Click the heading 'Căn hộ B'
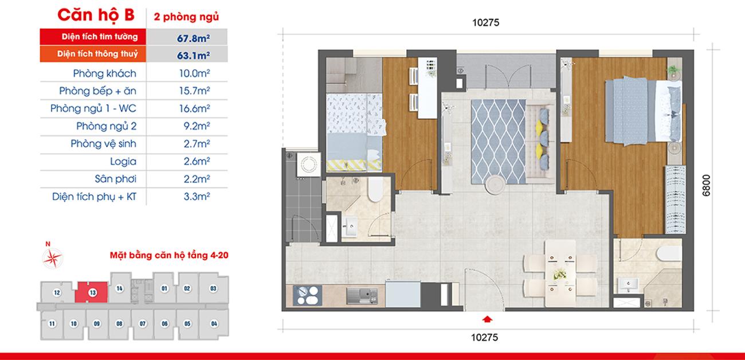pos(96,15)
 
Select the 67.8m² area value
pos(193,38)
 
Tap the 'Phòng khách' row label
pos(104,73)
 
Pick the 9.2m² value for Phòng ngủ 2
pos(197,126)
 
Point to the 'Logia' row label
pos(123,162)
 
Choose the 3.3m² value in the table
pos(197,196)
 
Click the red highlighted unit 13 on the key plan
pos(92,292)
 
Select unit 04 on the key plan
pos(214,323)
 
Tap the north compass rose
pos(53,257)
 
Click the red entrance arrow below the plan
pos(487,319)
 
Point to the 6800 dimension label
pos(707,185)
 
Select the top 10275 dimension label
pos(485,22)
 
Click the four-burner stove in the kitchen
pos(307,295)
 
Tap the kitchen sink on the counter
pos(362,296)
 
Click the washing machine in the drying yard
pos(309,165)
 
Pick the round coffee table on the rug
pos(495,185)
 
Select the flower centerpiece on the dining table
pos(560,274)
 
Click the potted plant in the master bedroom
pos(674,71)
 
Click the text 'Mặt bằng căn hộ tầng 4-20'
pos(169,256)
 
